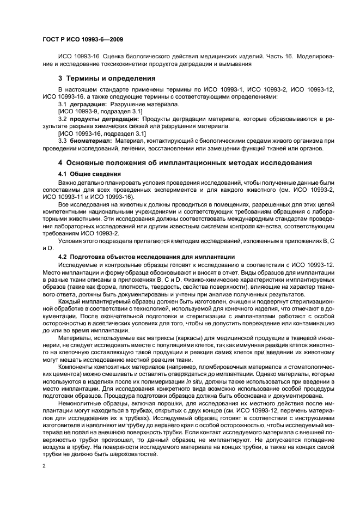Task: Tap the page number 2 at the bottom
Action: tap(45, 466)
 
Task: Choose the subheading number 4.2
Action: tap(63, 257)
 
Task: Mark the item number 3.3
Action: tap(62, 140)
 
